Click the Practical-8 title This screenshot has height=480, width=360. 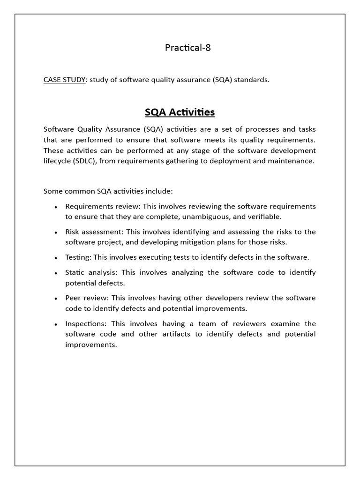[188, 47]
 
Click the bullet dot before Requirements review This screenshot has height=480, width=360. [56, 207]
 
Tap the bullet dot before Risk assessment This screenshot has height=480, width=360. [56, 232]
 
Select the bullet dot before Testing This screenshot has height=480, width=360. [56, 258]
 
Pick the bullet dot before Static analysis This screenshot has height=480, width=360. [56, 273]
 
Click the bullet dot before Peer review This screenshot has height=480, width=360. [56, 299]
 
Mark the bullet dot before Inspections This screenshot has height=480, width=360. [56, 324]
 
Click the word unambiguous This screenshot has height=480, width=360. [192, 217]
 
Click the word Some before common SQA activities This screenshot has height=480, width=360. [52, 191]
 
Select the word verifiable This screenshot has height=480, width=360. [265, 217]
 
